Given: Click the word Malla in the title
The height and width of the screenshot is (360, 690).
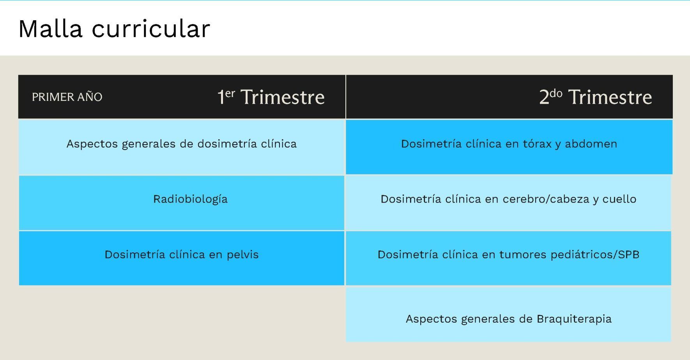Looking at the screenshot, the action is click(50, 28).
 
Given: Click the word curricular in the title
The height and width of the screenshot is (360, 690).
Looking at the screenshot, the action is click(151, 28).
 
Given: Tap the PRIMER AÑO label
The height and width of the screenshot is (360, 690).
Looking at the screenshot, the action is click(67, 97).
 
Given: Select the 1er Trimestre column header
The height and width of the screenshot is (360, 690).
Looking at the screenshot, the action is click(271, 97).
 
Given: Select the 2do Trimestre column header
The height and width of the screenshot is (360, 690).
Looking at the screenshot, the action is click(596, 97).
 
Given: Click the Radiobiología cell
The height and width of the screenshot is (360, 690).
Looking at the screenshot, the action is click(182, 203).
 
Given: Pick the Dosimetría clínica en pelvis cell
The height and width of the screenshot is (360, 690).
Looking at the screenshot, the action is click(182, 258).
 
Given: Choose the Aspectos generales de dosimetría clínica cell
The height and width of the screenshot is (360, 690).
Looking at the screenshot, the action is click(182, 147).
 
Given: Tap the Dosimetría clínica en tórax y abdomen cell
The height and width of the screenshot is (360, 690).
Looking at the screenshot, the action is click(509, 147).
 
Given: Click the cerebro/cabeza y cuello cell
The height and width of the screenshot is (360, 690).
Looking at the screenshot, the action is click(508, 203).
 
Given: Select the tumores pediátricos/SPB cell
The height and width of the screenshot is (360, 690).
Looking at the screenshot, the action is click(508, 258).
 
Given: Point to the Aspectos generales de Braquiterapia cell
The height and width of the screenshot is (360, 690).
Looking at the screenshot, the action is click(508, 314).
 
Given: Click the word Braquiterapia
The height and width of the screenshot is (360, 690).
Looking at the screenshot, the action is click(574, 319).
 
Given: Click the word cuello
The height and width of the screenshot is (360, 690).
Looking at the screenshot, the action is click(619, 199).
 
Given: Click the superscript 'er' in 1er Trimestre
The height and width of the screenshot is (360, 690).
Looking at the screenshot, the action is click(230, 94).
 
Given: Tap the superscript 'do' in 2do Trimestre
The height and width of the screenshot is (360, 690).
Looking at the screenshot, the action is click(556, 94).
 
